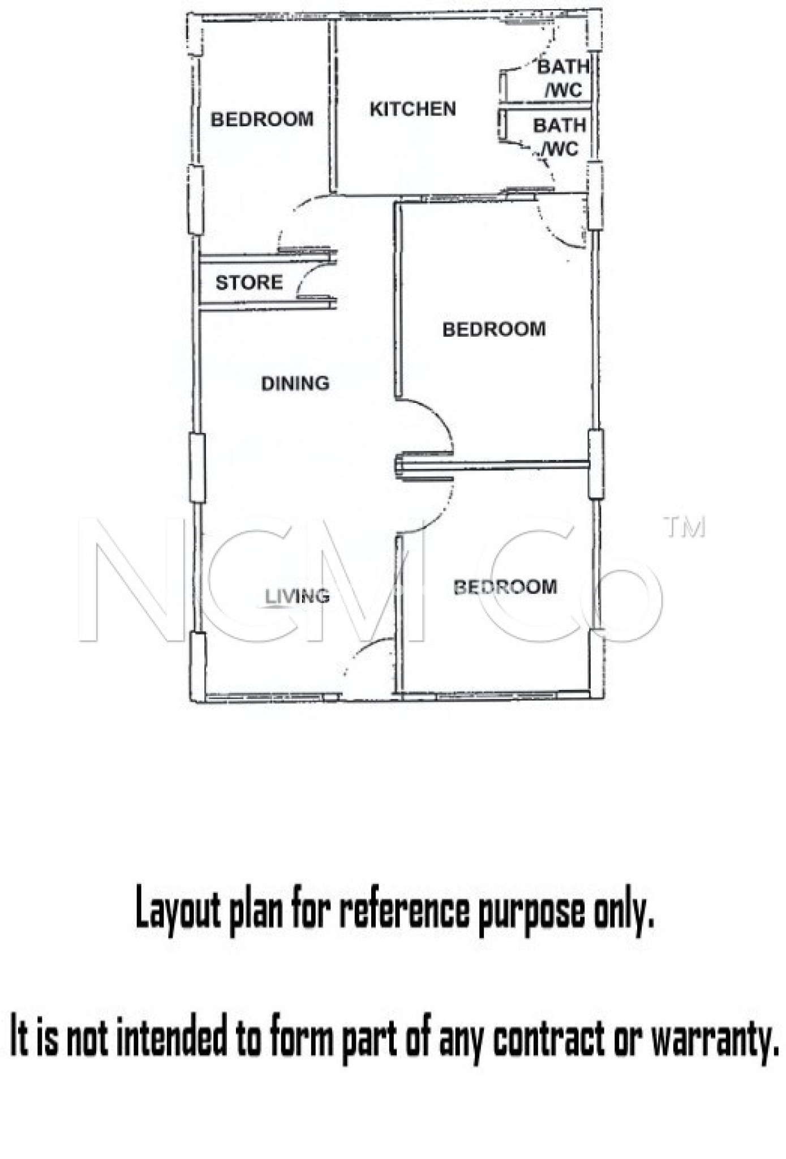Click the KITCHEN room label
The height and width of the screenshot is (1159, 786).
coord(413,109)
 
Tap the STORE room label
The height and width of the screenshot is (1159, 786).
coord(249,282)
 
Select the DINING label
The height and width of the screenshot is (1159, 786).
coord(295,383)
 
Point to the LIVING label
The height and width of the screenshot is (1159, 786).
coord(298,595)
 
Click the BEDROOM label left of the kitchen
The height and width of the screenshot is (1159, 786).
coord(262,119)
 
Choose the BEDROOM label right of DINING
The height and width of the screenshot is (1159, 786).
coord(494,329)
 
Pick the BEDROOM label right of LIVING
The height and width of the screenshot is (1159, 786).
coord(505,587)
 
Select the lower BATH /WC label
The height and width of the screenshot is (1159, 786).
coord(559,137)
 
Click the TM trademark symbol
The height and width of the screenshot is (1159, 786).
coord(685,527)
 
